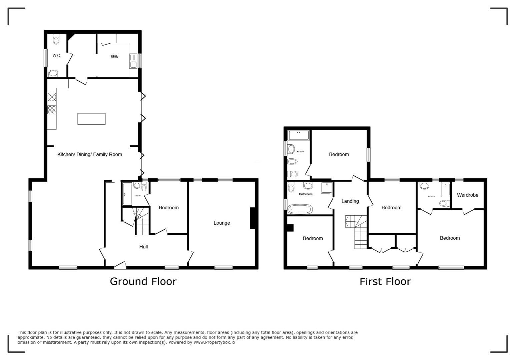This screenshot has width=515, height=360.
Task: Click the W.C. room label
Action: [57, 56]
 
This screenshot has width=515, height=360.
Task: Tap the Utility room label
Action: [114, 56]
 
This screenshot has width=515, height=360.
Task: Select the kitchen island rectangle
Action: [91, 119]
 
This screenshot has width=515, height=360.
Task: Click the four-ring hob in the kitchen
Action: [52, 110]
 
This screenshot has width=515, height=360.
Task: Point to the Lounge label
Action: [221, 223]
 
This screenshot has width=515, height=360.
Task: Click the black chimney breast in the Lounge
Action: [252, 218]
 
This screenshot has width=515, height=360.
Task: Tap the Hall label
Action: [143, 247]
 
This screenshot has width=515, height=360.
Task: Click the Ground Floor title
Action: [143, 281]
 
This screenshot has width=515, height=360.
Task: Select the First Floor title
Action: [385, 281]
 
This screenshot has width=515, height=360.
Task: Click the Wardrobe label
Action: [468, 195]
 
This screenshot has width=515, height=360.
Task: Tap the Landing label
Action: [350, 201]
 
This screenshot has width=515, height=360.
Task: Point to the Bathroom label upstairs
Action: [306, 194]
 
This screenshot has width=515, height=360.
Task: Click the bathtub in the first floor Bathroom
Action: [300, 209]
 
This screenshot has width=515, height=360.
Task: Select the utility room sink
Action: [133, 61]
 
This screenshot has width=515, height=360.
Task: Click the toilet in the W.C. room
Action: [56, 39]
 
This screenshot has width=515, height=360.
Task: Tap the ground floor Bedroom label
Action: [168, 207]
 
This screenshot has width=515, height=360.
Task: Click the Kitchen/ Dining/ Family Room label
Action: [90, 154]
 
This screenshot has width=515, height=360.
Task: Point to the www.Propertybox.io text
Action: [214, 342]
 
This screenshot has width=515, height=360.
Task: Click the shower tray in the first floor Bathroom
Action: [327, 187]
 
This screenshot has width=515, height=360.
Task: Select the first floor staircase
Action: [356, 232]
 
